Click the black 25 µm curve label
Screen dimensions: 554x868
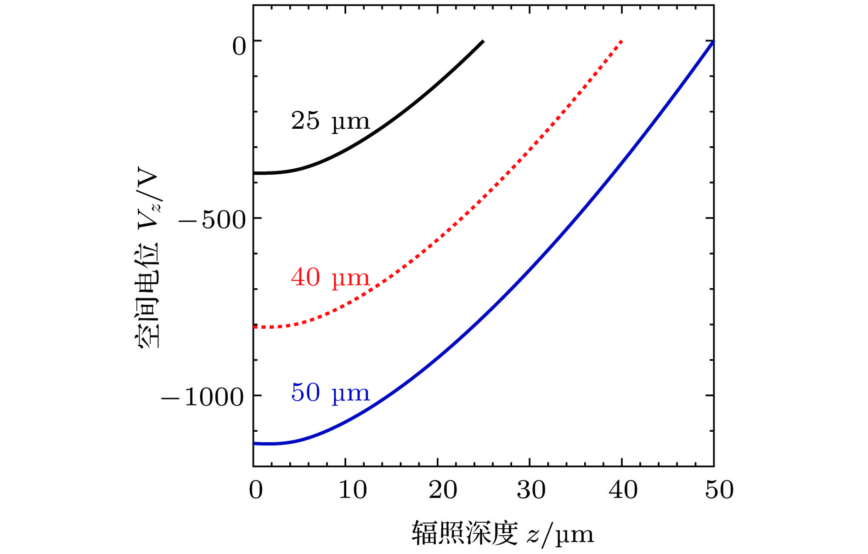pyautogui.click(x=330, y=121)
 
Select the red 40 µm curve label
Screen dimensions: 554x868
pyautogui.click(x=330, y=278)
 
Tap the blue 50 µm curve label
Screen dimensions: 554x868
pyautogui.click(x=330, y=393)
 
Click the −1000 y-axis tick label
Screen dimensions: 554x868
pyautogui.click(x=202, y=397)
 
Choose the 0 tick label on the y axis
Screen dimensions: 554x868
pyautogui.click(x=239, y=46)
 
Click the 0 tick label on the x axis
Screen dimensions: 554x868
pyautogui.click(x=256, y=490)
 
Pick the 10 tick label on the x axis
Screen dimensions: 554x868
pyautogui.click(x=352, y=490)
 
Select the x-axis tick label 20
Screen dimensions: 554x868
pyautogui.click(x=443, y=490)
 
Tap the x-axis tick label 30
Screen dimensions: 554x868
pyautogui.click(x=531, y=490)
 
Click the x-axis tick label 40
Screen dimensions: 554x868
pyautogui.click(x=623, y=490)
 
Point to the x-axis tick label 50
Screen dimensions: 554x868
pyautogui.click(x=719, y=490)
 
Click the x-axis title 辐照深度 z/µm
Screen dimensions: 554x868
pyautogui.click(x=502, y=534)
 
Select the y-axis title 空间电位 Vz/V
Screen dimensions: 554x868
pyautogui.click(x=148, y=260)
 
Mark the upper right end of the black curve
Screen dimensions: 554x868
pyautogui.click(x=483, y=41)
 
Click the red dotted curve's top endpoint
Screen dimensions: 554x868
pyautogui.click(x=621, y=41)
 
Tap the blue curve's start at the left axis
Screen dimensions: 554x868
pyautogui.click(x=254, y=443)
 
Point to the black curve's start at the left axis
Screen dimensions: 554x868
pyautogui.click(x=254, y=173)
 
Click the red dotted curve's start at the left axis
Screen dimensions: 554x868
pyautogui.click(x=254, y=326)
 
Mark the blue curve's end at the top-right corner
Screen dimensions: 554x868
pyautogui.click(x=713, y=42)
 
